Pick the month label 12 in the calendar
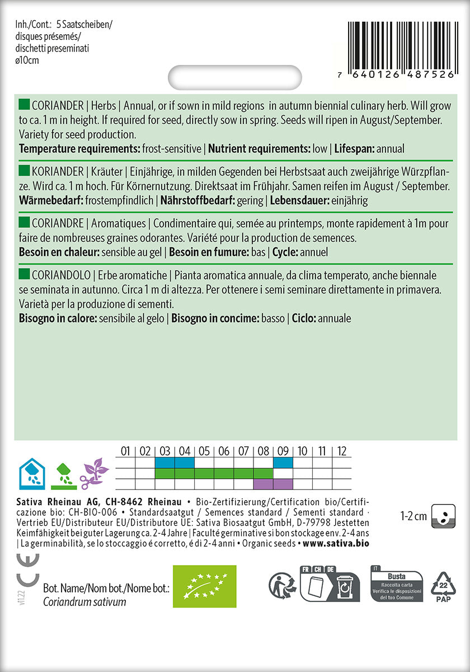click(x=342, y=451)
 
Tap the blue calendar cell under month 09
click(x=283, y=463)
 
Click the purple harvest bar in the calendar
click(x=273, y=483)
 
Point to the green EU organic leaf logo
click(x=204, y=586)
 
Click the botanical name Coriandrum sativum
click(x=84, y=602)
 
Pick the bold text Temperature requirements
click(x=78, y=149)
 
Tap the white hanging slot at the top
click(x=234, y=78)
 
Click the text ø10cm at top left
click(x=28, y=60)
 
